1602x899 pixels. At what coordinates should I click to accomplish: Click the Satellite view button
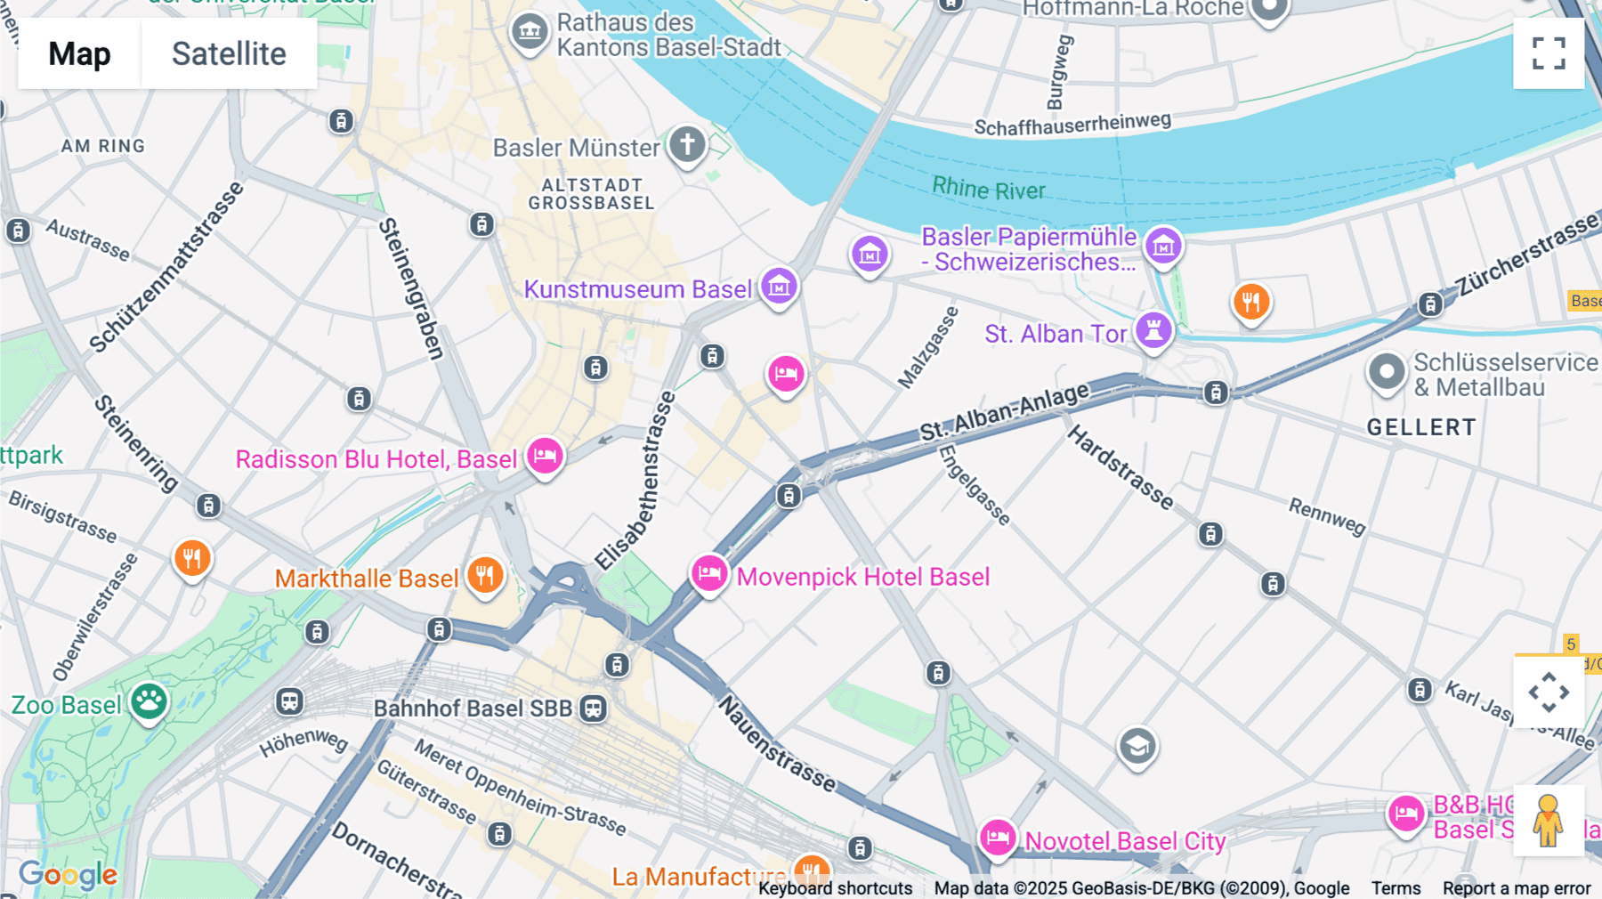(229, 53)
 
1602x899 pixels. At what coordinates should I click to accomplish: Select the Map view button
(79, 53)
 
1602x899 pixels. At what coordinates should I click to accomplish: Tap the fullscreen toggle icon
(1548, 53)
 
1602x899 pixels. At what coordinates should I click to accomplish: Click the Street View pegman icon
(1548, 820)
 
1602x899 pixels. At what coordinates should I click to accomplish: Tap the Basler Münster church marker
(687, 145)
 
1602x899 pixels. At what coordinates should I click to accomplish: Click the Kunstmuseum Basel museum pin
(779, 287)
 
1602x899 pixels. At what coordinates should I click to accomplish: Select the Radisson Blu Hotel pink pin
(545, 457)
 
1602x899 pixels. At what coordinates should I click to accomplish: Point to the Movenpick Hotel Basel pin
(709, 573)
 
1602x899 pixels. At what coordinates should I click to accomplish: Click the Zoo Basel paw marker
(149, 702)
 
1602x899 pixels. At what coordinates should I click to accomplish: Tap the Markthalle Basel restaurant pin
(485, 576)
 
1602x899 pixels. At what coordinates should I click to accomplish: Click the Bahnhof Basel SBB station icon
(593, 709)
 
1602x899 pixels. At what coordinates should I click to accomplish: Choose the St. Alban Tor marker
(1153, 331)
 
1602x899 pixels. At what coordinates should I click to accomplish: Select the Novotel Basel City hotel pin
(998, 838)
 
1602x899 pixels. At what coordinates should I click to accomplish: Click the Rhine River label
(988, 189)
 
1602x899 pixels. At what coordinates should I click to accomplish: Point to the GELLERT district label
(1421, 427)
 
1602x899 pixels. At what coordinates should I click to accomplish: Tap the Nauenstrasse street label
(777, 744)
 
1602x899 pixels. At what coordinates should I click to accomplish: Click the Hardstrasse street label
(1121, 467)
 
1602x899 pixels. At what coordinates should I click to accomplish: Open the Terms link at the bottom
(1396, 888)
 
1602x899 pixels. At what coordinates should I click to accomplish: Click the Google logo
(69, 875)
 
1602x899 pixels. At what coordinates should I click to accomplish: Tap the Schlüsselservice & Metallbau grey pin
(1386, 372)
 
